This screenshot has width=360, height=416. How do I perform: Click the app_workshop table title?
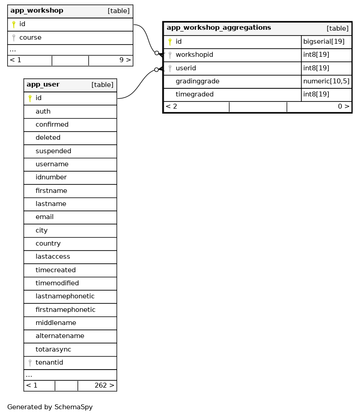tap(37, 11)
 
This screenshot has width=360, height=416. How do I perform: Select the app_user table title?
tap(43, 85)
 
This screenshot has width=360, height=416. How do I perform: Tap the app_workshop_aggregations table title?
tap(219, 28)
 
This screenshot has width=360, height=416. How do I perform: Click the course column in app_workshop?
tap(31, 38)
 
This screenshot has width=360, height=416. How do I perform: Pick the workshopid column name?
tap(194, 55)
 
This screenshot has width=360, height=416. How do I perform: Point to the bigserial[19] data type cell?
tap(324, 42)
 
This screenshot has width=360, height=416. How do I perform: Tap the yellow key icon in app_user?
tap(30, 98)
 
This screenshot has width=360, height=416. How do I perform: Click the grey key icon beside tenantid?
tap(30, 363)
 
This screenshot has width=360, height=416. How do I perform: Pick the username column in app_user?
tap(52, 165)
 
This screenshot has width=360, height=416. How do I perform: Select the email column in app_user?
tap(45, 217)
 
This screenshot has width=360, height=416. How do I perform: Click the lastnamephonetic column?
tap(65, 297)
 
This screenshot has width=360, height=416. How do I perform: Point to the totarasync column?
tap(53, 349)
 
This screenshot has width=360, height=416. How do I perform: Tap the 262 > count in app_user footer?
tap(104, 386)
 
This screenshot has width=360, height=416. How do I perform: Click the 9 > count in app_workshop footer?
tap(125, 60)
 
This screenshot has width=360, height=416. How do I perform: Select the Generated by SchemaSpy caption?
tap(50, 407)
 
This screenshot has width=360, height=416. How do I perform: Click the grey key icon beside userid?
tap(170, 69)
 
